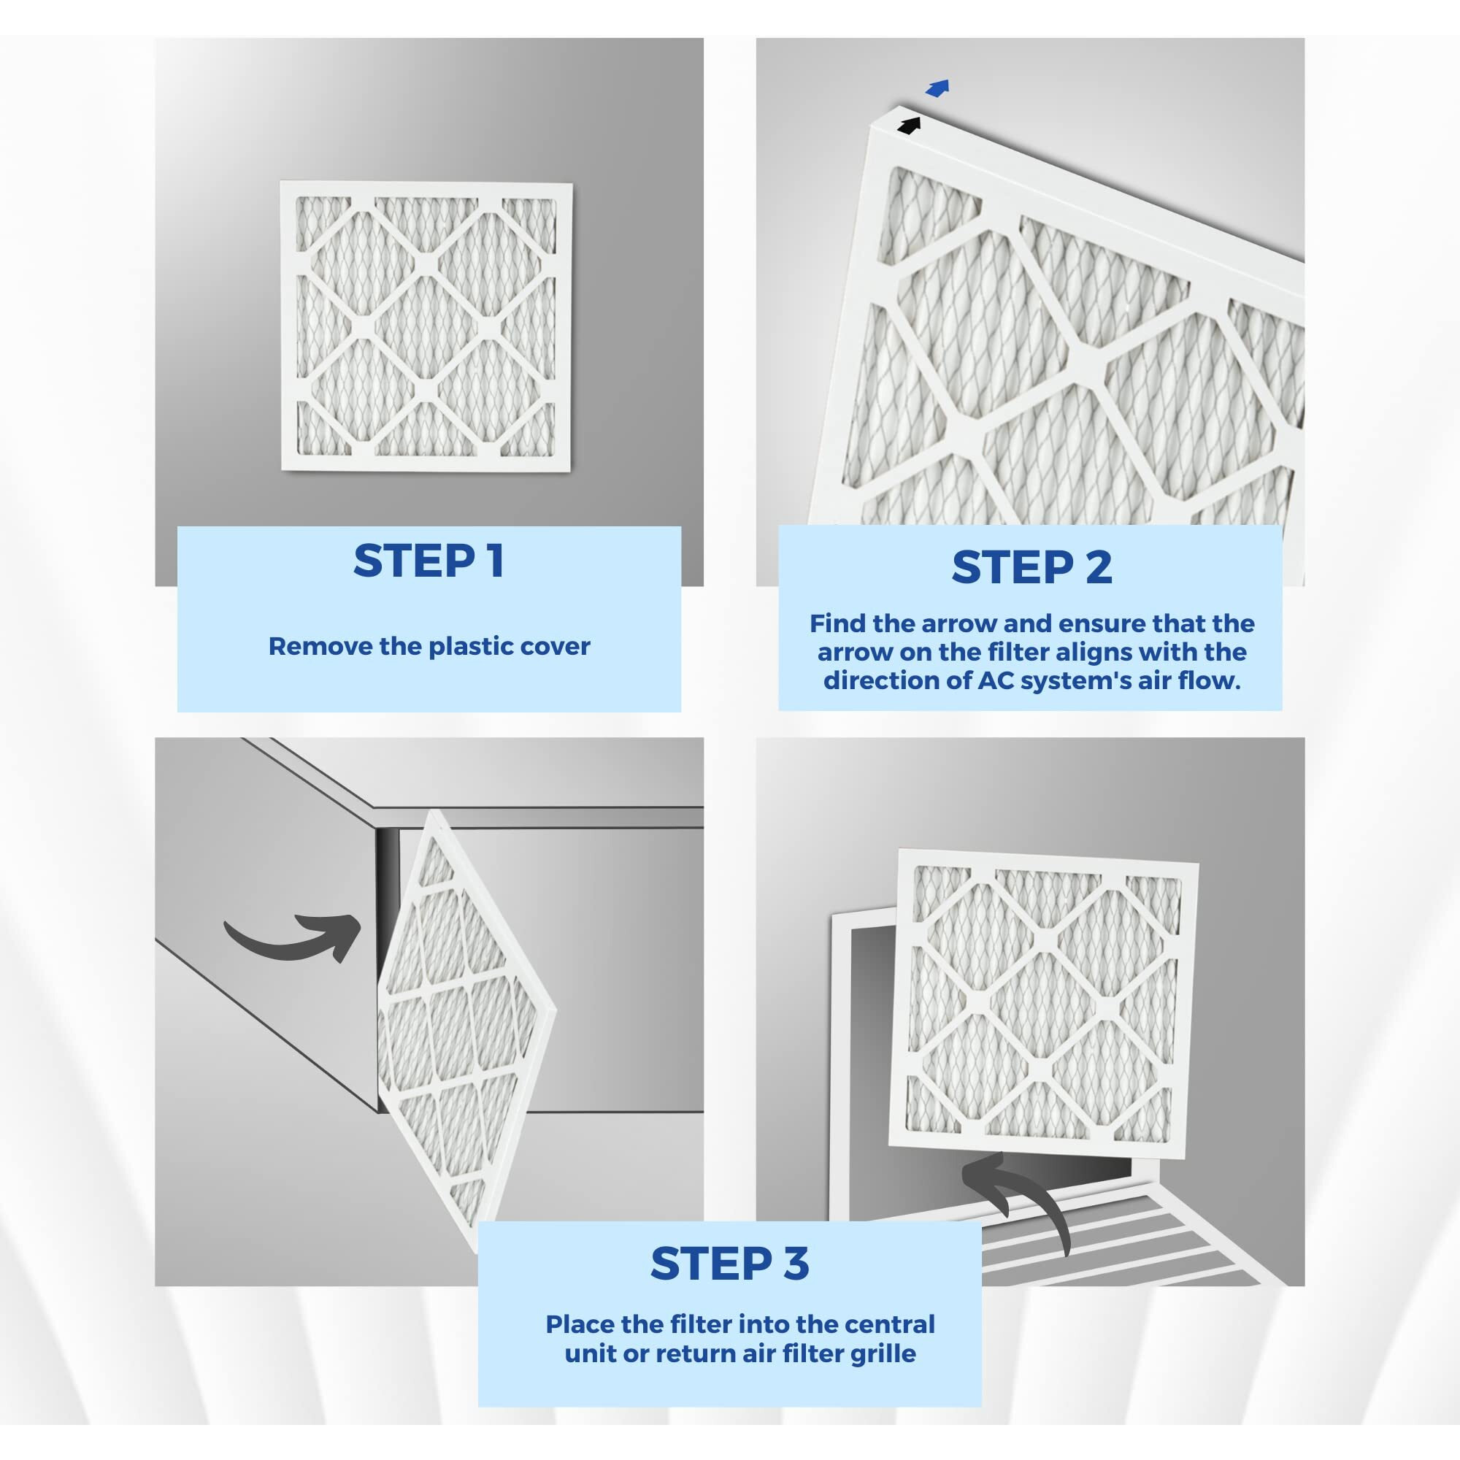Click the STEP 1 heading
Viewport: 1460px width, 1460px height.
429,561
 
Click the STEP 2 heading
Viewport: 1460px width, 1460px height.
1031,566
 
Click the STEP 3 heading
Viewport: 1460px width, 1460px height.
729,1263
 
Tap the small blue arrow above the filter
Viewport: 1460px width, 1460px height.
937,88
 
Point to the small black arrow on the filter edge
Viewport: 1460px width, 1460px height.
909,126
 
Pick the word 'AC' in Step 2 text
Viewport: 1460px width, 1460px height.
995,680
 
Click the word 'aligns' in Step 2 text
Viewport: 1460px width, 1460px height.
1096,652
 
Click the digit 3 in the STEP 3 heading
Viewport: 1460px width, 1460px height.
796,1263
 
